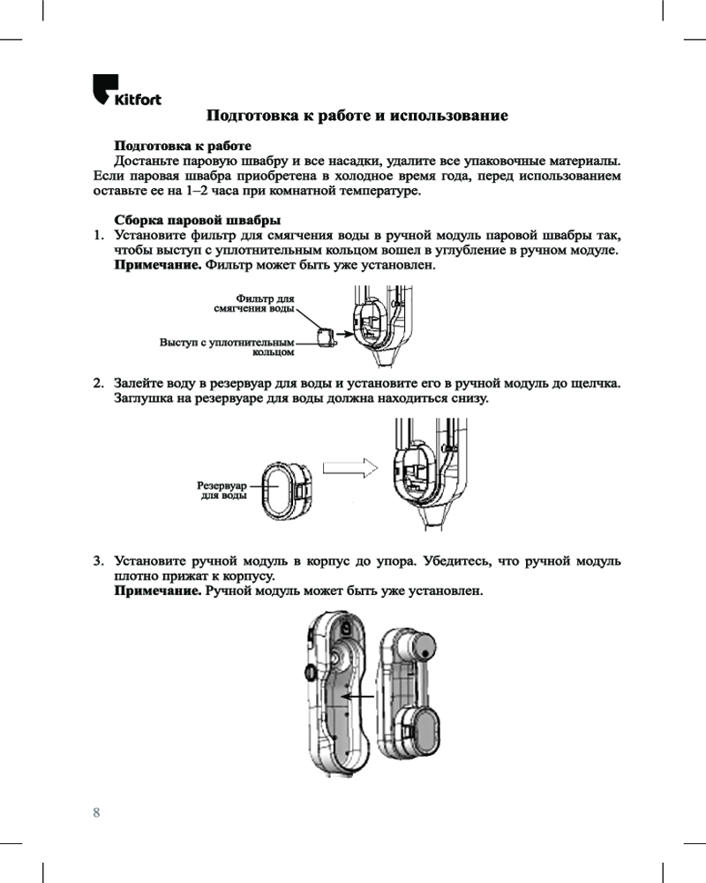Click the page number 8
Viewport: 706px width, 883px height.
(96, 811)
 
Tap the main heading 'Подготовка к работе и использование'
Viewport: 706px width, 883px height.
(357, 116)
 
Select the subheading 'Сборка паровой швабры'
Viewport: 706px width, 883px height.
(198, 220)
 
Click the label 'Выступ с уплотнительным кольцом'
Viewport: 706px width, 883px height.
(226, 346)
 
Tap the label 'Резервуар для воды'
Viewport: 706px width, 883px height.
(221, 491)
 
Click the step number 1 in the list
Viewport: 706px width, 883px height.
(100, 236)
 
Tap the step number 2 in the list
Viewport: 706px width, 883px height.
(100, 384)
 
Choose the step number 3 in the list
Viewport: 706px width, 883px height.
(100, 561)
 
